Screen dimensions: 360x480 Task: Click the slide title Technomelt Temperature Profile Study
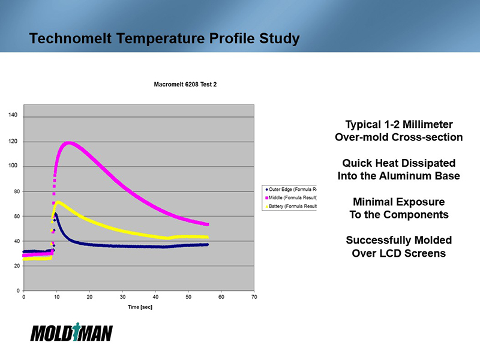[164, 40]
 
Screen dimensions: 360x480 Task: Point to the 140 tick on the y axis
[13, 115]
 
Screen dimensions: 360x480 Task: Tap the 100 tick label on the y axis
[13, 166]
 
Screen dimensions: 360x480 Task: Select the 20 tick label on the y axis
[14, 266]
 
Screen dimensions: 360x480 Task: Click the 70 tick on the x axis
[254, 297]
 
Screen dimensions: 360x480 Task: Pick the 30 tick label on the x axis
[122, 297]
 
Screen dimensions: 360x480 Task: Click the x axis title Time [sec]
[139, 307]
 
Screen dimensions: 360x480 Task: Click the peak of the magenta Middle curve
[69, 143]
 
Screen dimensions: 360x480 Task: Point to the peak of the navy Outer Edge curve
[56, 214]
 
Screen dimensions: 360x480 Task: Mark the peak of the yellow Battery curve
[58, 202]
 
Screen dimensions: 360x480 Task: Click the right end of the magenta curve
[208, 224]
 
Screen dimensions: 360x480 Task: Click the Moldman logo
[71, 332]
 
